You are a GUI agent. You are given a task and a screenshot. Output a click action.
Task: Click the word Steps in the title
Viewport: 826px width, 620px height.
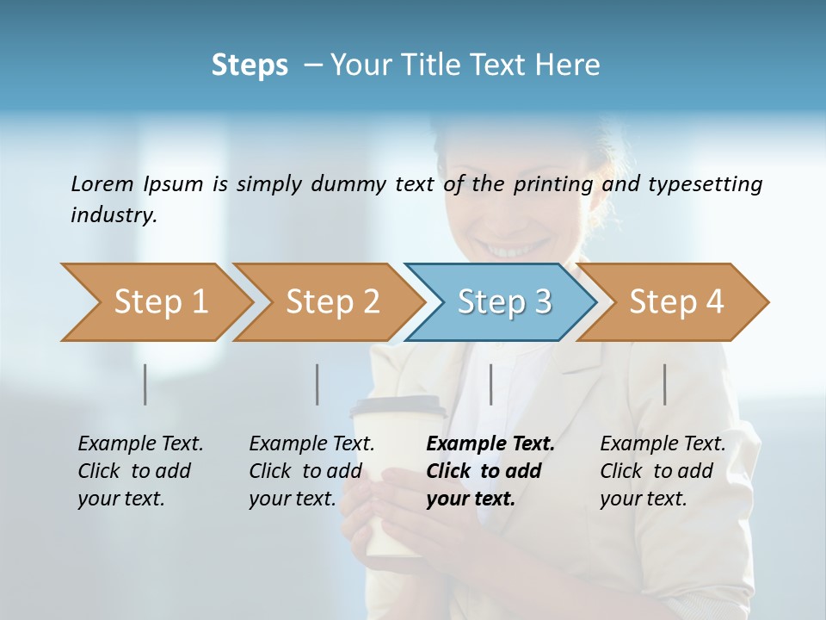pyautogui.click(x=250, y=65)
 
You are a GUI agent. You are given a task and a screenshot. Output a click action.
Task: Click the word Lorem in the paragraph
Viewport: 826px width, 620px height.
pyautogui.click(x=102, y=183)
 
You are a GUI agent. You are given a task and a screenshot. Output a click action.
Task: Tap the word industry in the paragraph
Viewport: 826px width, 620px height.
pyautogui.click(x=114, y=214)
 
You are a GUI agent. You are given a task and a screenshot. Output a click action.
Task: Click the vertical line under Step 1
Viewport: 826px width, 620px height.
pyautogui.click(x=145, y=384)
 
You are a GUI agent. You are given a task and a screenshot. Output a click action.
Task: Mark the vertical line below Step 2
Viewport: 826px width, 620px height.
pyautogui.click(x=317, y=384)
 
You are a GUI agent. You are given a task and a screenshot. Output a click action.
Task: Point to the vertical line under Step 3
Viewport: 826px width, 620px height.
pyautogui.click(x=490, y=384)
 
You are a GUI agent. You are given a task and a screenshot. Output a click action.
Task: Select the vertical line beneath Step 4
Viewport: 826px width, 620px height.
pyautogui.click(x=664, y=384)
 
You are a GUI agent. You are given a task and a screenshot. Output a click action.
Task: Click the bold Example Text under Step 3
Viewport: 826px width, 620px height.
pyautogui.click(x=490, y=444)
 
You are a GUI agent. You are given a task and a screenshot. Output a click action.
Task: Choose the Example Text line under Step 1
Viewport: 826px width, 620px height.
pyautogui.click(x=140, y=444)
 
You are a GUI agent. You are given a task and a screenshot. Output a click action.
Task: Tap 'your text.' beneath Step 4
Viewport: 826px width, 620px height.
pyautogui.click(x=643, y=499)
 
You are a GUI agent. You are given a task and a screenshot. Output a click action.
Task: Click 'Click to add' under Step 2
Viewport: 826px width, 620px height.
pyautogui.click(x=305, y=471)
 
